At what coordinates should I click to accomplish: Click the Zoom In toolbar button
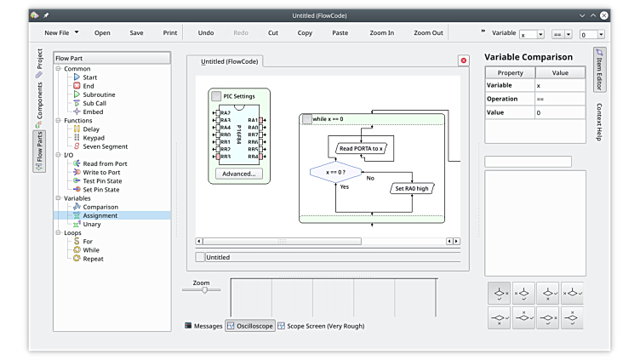point(381,33)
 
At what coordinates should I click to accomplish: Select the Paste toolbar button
point(340,33)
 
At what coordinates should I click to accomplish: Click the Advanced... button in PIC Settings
point(238,174)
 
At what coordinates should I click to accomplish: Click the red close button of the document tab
point(463,60)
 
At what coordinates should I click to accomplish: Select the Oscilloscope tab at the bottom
point(250,326)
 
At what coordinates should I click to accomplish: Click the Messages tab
point(203,326)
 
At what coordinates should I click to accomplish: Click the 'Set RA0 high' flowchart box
point(411,188)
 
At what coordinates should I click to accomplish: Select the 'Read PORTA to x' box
point(361,148)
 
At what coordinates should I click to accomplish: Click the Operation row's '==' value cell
point(560,99)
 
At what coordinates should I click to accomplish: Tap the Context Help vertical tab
point(599,123)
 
